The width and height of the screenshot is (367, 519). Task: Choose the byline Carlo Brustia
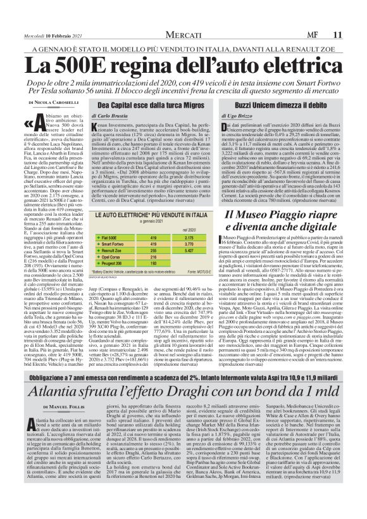[x=132, y=116]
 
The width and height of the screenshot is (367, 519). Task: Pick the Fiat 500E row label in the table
[x=111, y=237]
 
